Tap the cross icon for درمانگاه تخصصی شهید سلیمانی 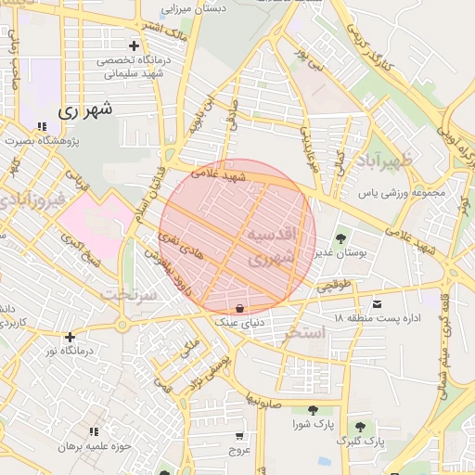135,45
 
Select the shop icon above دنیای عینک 240,309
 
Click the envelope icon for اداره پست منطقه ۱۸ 377,304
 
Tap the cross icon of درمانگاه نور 70,337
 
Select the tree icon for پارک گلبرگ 360,426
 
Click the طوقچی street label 336,287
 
